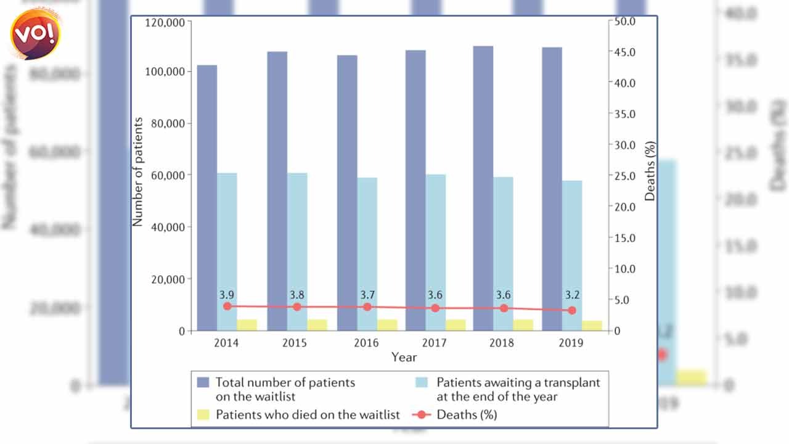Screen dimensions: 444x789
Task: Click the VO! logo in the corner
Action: (36, 33)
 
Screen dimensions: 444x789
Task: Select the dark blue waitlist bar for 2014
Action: (206, 197)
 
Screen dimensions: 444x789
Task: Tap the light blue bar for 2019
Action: (571, 255)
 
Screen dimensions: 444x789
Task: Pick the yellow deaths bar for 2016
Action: (387, 325)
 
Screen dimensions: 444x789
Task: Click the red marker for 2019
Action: (572, 310)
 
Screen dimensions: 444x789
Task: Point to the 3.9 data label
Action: (227, 294)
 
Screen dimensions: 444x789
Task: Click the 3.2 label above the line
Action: (572, 294)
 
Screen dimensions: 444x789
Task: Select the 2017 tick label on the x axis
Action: (436, 343)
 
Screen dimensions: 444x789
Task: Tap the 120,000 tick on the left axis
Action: (166, 22)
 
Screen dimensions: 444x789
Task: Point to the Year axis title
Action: (404, 357)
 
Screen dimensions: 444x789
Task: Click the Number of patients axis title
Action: (138, 171)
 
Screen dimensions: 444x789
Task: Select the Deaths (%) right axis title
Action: (650, 171)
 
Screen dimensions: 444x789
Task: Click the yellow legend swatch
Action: (203, 414)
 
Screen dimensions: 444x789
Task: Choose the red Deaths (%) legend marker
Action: (421, 414)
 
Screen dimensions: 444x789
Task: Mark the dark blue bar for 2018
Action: (483, 188)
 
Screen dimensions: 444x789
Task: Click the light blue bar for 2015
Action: (297, 252)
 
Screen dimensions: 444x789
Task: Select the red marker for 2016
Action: (367, 306)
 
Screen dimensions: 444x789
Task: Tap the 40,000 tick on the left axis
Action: (168, 227)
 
